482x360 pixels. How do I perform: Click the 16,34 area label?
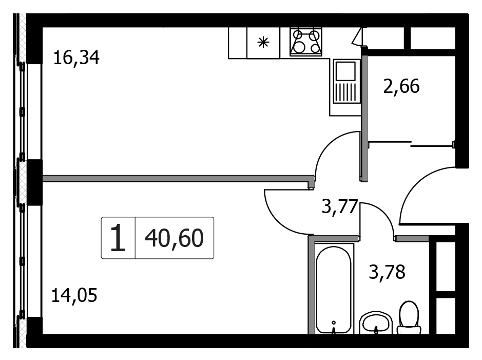coord(76,58)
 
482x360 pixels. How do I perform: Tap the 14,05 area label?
coord(74,295)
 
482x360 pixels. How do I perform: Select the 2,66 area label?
coord(401,86)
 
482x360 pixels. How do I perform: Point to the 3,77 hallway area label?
coord(340,206)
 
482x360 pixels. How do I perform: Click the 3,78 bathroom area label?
coord(387,272)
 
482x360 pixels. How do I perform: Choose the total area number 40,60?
coord(174,238)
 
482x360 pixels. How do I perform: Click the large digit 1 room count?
coord(118,238)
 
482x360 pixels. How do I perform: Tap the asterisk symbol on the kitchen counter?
coord(263,43)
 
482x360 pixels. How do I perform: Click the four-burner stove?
coord(306,42)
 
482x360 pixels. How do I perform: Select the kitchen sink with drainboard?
coord(347,82)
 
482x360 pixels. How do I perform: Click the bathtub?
coord(333,289)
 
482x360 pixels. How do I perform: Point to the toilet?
coord(409,317)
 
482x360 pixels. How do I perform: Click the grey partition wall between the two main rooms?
coord(178,179)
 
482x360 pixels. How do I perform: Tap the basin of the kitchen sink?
coord(345,71)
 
